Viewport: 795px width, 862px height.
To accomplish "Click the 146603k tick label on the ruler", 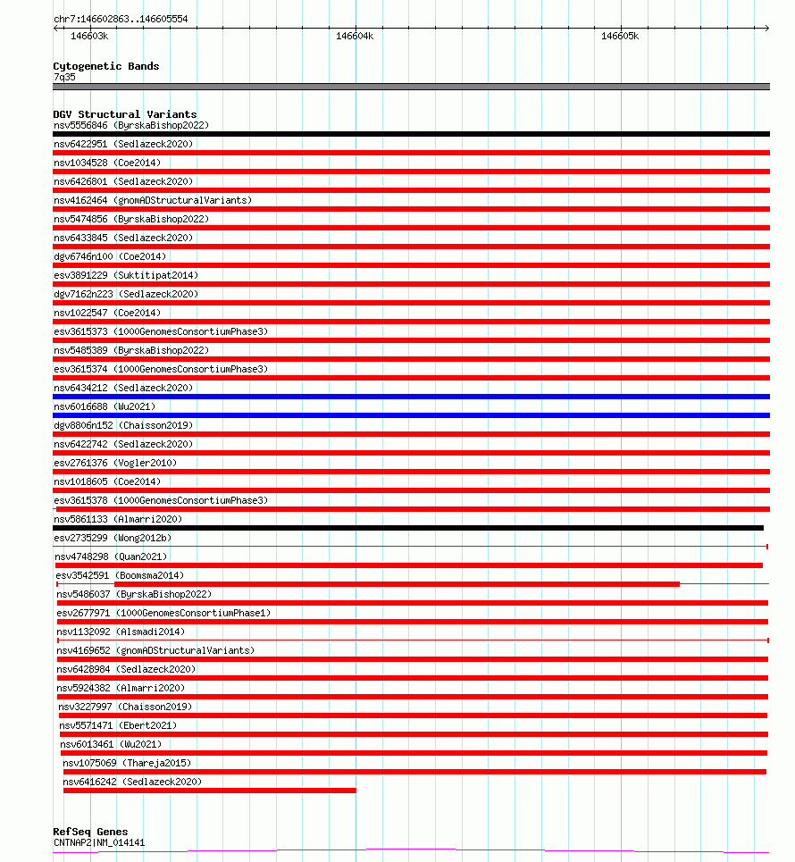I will pos(89,37).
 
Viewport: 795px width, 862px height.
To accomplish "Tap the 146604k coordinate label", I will pos(355,37).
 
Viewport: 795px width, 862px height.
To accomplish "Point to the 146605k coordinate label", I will pos(620,37).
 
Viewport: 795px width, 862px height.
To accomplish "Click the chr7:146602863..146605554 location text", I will pos(121,19).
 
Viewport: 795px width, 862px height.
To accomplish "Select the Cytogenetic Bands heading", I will pos(105,66).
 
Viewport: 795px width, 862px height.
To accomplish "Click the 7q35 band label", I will pos(64,77).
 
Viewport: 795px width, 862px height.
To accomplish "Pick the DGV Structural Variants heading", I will pos(124,114).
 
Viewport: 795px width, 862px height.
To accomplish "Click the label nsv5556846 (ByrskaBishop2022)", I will pos(130,125).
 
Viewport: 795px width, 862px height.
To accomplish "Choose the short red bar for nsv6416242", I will pos(209,791).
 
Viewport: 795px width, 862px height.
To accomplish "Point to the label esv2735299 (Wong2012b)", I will pos(113,538).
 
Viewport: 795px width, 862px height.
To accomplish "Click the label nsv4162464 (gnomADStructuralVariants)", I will pos(152,200).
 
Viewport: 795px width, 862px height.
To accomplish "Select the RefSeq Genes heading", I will pos(90,832).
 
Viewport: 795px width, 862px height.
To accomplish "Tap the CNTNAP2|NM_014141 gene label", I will pos(98,842).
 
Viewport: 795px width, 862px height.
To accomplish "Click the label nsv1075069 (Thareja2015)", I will pos(127,763).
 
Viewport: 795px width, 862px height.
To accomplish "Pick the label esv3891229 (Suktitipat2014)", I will pos(126,275).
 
